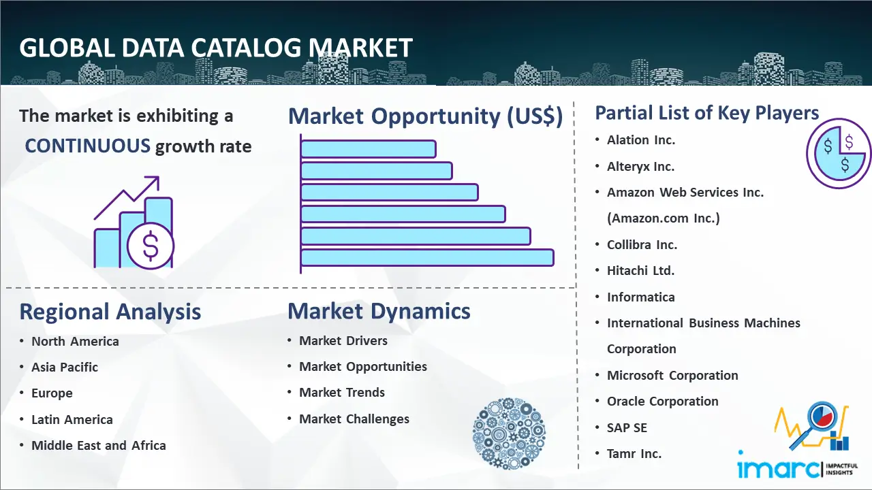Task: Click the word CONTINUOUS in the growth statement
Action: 87,146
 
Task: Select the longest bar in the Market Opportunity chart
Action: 427,258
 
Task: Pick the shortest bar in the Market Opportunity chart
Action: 369,149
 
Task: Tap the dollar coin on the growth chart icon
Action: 151,246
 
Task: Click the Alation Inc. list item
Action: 641,140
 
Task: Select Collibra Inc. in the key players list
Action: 642,244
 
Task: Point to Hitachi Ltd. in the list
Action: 641,270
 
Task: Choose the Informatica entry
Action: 641,297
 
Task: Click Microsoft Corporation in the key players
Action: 672,375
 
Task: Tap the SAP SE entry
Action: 627,428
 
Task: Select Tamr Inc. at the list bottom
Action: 634,453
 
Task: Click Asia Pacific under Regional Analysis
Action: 65,367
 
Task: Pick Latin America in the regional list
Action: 72,420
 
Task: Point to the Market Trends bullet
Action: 342,393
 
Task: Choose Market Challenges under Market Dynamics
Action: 354,419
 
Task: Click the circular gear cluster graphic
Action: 509,434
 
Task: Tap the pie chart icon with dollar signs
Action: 839,154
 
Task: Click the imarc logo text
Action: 779,469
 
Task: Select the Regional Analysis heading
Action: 110,312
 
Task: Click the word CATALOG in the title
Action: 246,48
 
